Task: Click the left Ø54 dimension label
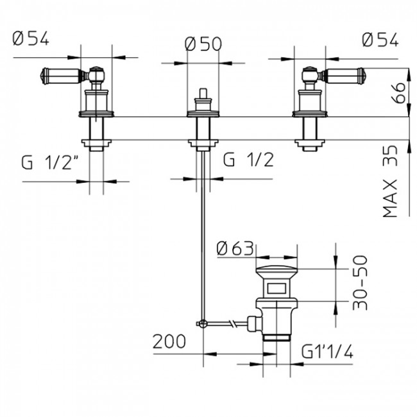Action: [x=30, y=40]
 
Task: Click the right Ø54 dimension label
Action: [x=379, y=40]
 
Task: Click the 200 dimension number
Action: [x=169, y=341]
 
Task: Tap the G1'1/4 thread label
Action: [x=327, y=352]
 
